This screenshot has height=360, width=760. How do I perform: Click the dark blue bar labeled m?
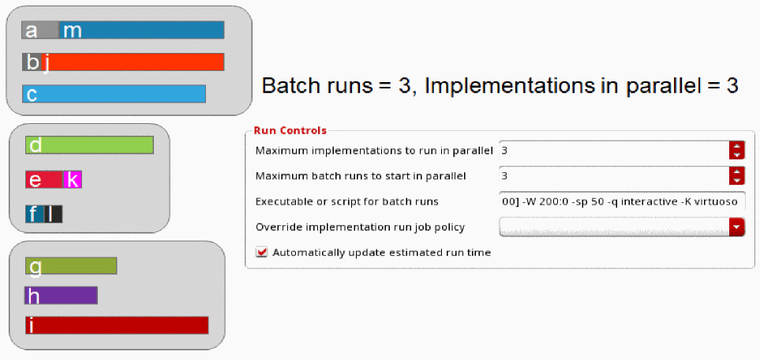141,30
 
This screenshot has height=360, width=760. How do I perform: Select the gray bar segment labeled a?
40,30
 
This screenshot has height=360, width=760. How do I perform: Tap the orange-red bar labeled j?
134,62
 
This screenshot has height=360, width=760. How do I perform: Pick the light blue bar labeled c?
114,94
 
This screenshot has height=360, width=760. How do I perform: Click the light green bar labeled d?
89,145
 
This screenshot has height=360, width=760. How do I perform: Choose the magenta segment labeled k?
73,179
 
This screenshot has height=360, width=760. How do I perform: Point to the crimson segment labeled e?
44,179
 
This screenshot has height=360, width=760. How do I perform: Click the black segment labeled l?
54,214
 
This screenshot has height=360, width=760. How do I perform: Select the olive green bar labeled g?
71,265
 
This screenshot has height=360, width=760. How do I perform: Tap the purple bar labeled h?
61,295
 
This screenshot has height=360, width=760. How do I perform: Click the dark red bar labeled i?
117,325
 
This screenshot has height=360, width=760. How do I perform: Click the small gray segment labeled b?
32,62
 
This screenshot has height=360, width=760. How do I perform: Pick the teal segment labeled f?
35,214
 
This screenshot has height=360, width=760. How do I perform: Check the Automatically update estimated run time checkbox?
262,253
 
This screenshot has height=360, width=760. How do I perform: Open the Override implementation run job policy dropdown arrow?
737,227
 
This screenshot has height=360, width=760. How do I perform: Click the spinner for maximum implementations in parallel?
737,151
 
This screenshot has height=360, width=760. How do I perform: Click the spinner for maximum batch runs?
737,175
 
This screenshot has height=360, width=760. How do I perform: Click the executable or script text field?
622,201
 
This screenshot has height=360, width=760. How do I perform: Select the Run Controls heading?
290,130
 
